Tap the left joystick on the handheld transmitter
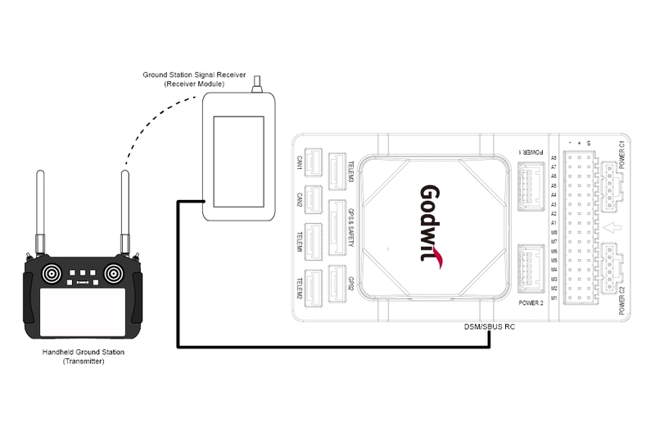click(x=51, y=272)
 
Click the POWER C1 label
click(x=622, y=156)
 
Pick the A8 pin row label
click(x=553, y=157)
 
